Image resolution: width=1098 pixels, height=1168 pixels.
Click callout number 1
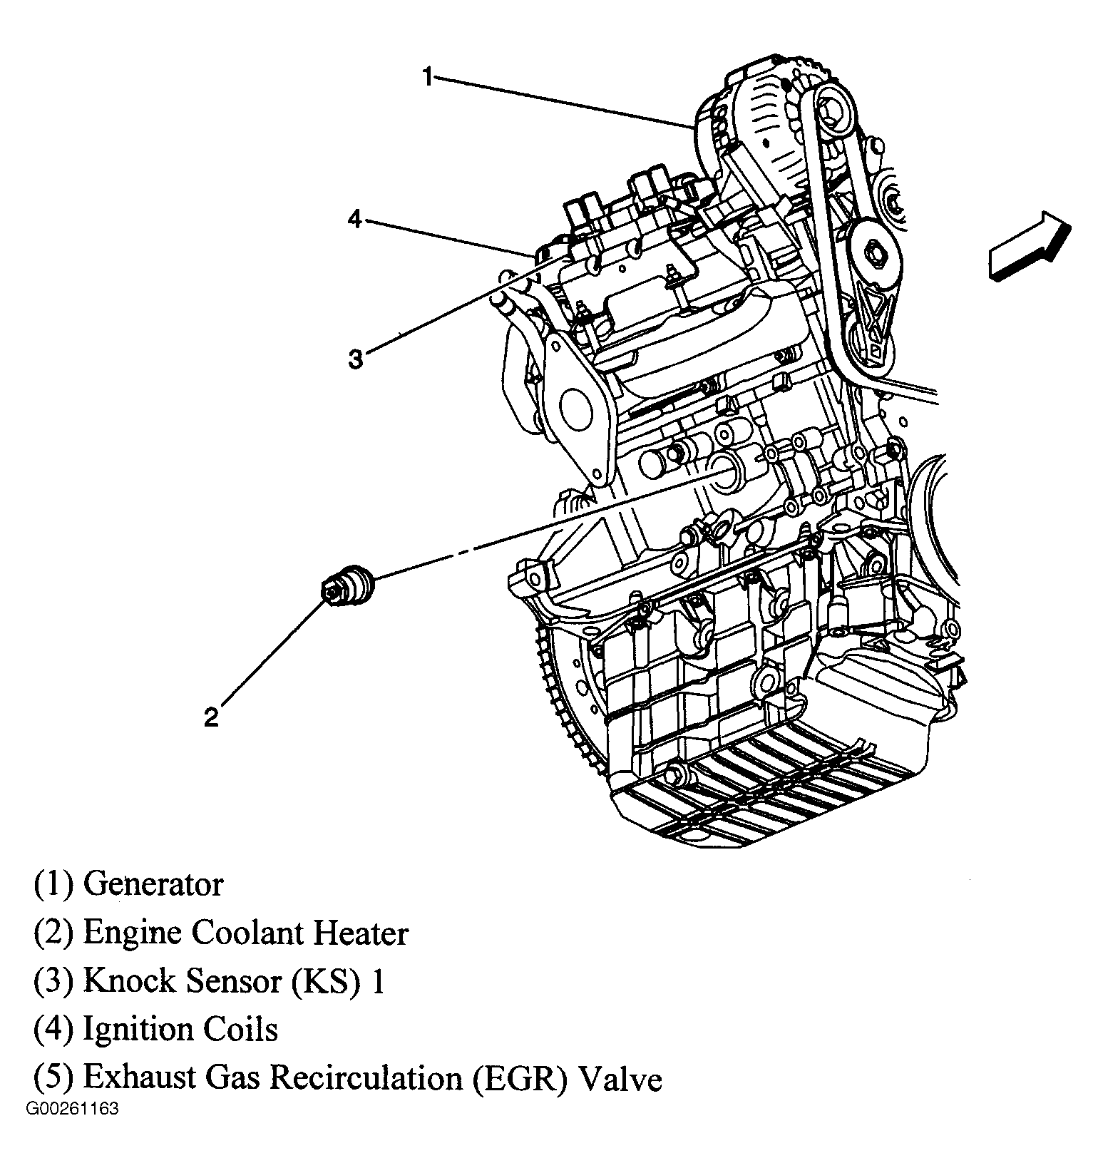tap(427, 76)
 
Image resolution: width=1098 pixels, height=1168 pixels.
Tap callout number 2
tap(211, 717)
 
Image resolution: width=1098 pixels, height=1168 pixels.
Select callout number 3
tap(355, 359)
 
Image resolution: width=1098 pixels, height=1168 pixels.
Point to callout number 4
tap(355, 219)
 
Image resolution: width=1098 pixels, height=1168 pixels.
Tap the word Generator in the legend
tap(153, 884)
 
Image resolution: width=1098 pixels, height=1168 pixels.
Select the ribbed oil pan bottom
tap(756, 799)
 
